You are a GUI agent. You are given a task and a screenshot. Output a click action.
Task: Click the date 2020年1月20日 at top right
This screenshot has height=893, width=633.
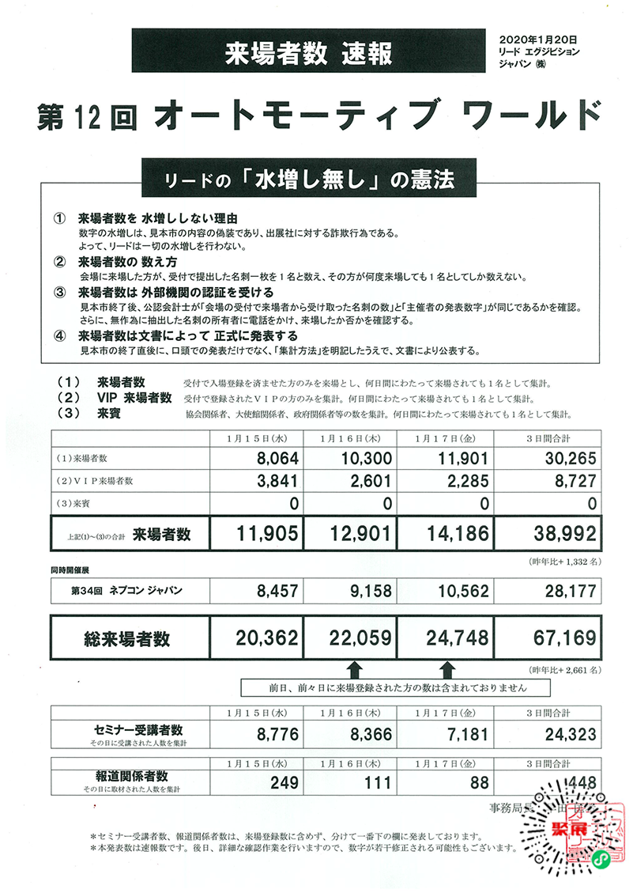(x=539, y=38)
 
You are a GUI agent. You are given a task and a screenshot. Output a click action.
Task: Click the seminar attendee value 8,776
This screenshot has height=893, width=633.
(x=277, y=735)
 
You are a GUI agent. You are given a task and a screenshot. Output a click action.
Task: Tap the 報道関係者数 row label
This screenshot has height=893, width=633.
(x=129, y=777)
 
